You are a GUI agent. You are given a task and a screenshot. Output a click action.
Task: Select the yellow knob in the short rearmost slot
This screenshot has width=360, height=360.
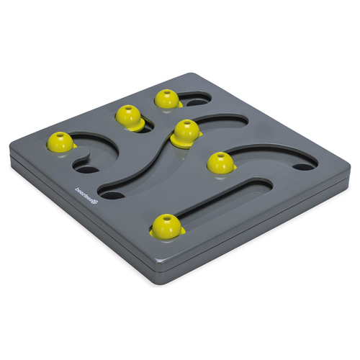(166, 99)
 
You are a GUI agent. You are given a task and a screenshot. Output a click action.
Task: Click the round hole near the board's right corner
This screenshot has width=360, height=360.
(305, 166)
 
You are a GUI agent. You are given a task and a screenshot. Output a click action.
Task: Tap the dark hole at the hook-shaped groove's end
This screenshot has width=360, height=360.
(86, 171)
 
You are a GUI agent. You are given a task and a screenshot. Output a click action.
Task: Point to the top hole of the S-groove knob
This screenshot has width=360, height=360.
(186, 124)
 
